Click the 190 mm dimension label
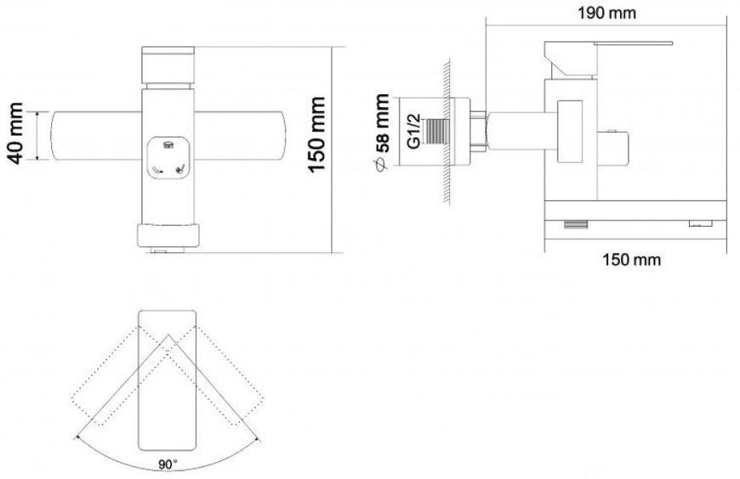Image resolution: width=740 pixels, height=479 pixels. tap(607, 13)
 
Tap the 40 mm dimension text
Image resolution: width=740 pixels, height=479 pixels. tap(14, 133)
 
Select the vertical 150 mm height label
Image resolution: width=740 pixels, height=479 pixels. tap(316, 135)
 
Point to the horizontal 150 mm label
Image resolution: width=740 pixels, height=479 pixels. tap(631, 259)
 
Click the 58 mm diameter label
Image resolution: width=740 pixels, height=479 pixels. tap(382, 123)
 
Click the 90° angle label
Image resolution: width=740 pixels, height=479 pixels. tap(168, 465)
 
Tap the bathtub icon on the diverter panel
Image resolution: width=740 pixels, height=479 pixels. tap(168, 145)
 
